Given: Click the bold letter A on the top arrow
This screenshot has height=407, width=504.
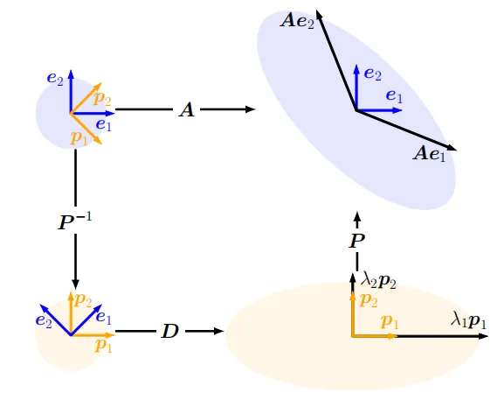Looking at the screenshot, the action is click(187, 110).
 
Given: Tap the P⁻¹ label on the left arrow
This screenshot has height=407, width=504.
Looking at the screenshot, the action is click(74, 221).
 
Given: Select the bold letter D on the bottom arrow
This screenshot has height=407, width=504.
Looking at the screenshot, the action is click(169, 332).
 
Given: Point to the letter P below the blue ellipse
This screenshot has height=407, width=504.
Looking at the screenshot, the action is click(356, 241).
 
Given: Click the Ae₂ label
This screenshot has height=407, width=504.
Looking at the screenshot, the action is click(297, 22).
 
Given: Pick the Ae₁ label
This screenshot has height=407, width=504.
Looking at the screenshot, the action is click(430, 153).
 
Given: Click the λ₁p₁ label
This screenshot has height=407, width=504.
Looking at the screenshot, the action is click(469, 321).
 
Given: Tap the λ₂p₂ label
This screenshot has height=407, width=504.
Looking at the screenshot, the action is click(378, 281).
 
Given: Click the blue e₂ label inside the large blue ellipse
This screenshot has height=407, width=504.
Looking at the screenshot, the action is click(373, 74).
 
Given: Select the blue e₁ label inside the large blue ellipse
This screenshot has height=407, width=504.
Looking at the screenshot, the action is click(394, 96).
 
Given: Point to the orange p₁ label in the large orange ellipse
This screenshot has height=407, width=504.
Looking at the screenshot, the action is click(390, 322).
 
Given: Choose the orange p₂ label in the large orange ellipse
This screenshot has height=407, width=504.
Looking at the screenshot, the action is click(369, 300).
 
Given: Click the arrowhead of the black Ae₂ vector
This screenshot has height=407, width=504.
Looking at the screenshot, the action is click(318, 12).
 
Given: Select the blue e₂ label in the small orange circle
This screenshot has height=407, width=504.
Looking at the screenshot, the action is click(44, 320).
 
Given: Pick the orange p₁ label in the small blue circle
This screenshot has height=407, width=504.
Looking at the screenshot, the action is click(79, 138).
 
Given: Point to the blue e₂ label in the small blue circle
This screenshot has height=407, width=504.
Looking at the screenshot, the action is click(55, 79).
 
